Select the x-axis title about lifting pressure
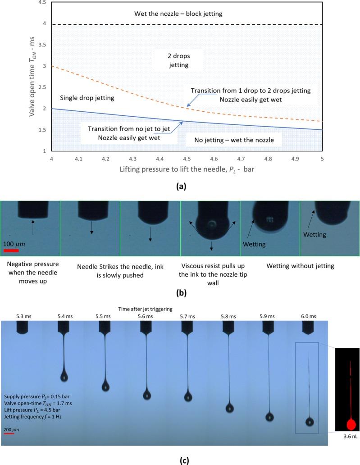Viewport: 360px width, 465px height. [182, 171]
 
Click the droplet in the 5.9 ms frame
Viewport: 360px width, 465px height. [269, 417]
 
